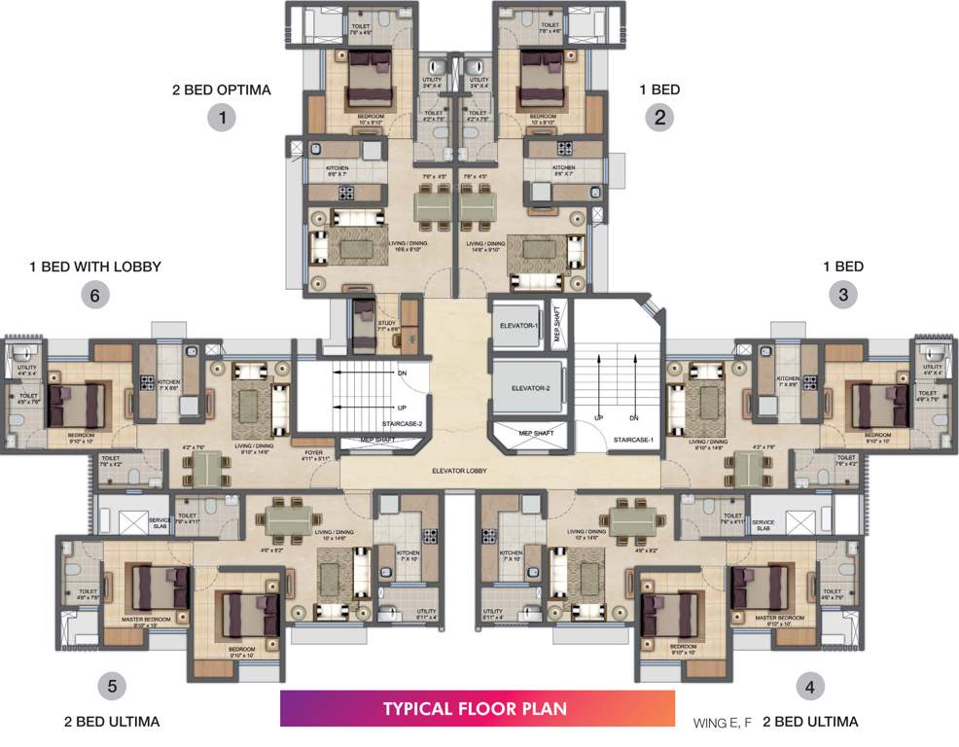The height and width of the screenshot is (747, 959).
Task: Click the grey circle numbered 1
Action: coord(223,119)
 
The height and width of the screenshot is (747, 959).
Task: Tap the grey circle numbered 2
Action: coord(659,119)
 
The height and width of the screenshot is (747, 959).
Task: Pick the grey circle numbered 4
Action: coord(809,687)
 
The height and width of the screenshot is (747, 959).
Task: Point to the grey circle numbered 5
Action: coord(112,687)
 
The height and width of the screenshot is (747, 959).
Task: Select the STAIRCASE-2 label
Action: coord(370,424)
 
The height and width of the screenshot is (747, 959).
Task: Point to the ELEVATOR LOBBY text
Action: coord(460,471)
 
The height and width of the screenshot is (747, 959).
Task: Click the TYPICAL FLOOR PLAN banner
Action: coord(477,708)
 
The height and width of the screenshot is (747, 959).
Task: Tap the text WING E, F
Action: coord(723,723)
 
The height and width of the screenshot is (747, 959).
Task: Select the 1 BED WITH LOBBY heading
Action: coord(95,266)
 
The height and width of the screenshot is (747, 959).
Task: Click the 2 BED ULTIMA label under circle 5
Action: coord(111,722)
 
